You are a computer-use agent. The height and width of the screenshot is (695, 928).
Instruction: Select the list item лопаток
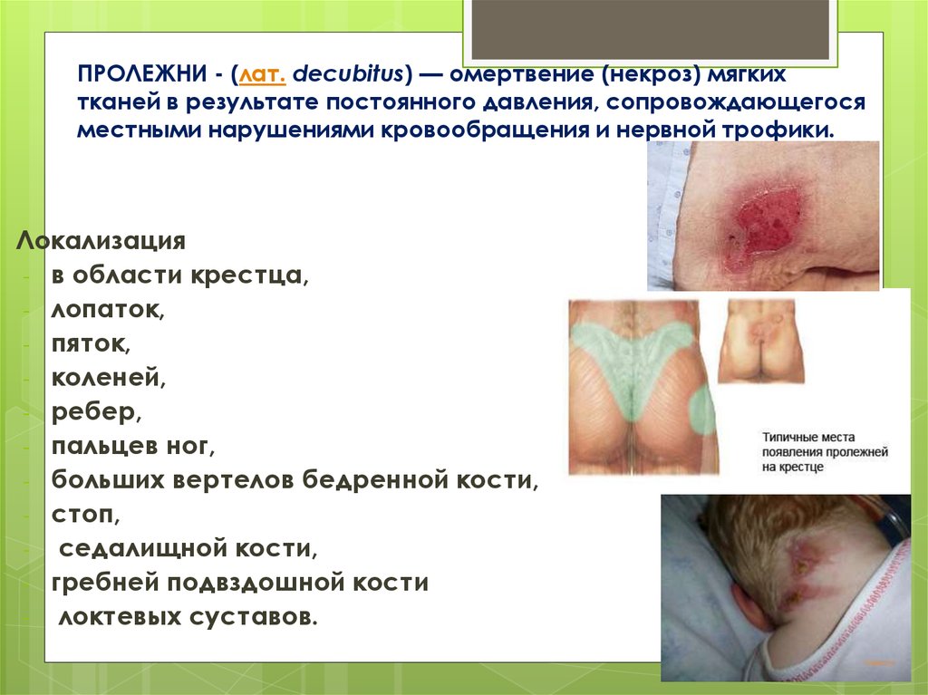point(107,311)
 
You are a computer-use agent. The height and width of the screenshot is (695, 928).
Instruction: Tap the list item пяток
point(91,345)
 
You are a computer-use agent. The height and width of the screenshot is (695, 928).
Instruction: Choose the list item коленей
point(108,379)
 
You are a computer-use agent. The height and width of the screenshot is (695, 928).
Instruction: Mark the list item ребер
point(95,412)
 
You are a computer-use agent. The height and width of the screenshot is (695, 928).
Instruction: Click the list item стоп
point(84,516)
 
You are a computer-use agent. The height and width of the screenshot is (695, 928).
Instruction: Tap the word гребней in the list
point(99,584)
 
